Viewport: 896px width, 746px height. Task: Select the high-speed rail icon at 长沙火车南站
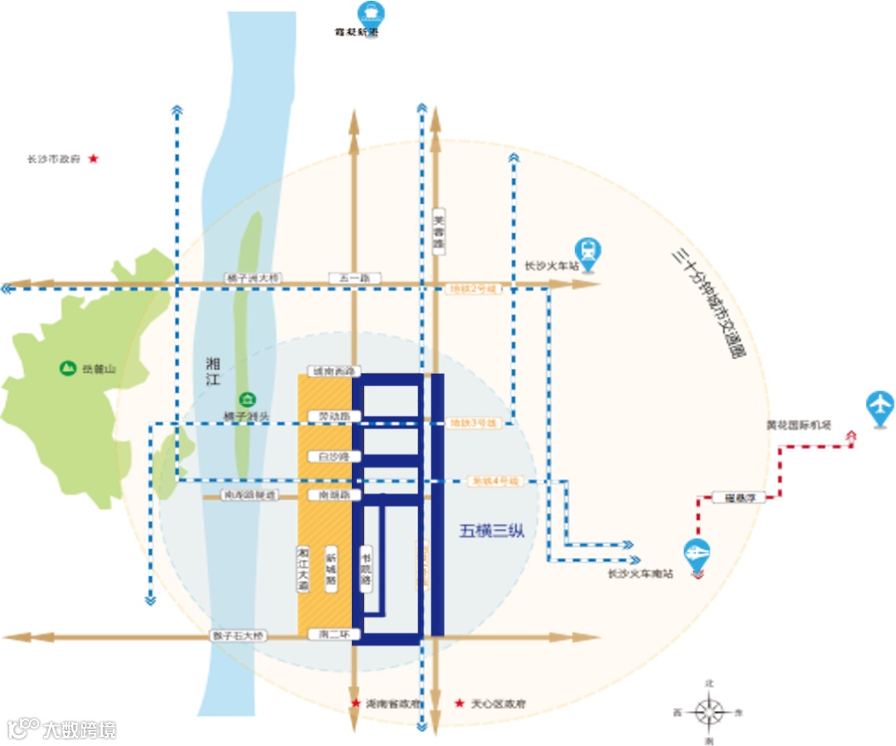pyautogui.click(x=697, y=553)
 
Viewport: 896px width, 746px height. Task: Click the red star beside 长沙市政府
pyautogui.click(x=94, y=158)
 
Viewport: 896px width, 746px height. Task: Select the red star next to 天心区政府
pyautogui.click(x=460, y=704)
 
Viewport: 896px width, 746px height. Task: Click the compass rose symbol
pyautogui.click(x=709, y=711)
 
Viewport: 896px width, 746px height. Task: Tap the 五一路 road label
pyautogui.click(x=354, y=279)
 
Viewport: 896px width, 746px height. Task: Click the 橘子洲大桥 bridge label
pyautogui.click(x=253, y=279)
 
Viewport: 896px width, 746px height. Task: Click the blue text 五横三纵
pyautogui.click(x=492, y=531)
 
